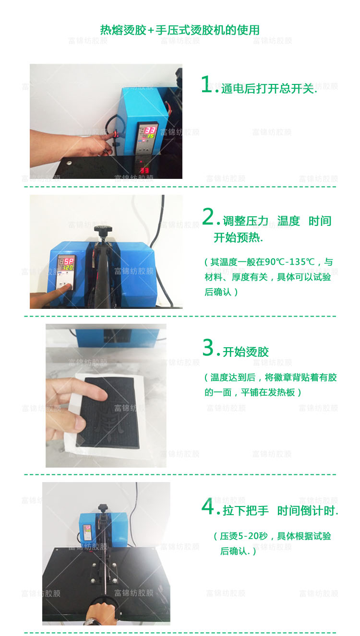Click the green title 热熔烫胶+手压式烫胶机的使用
point(180,30)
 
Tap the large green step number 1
point(206,84)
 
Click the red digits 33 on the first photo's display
point(151,130)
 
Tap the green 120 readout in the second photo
point(68,268)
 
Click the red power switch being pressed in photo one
point(115,133)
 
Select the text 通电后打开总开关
point(268,89)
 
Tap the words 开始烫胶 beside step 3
point(246,352)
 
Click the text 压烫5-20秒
point(244,536)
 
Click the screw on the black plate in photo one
point(69,163)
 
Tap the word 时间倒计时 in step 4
point(306,511)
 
